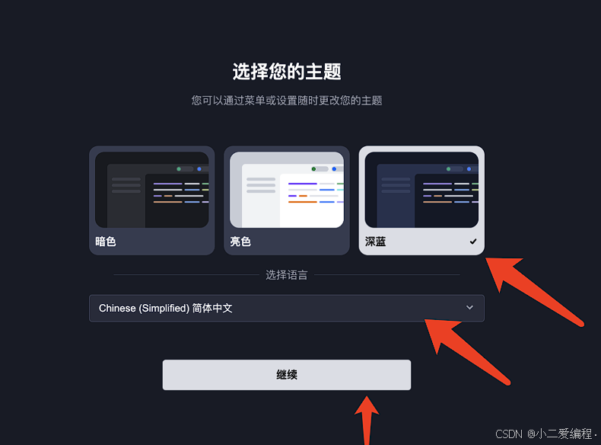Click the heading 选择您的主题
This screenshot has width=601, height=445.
tap(287, 72)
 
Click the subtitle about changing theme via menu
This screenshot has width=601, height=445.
tap(287, 101)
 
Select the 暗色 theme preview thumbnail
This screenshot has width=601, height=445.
tap(151, 190)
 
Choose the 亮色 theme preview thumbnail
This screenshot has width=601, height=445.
tap(286, 190)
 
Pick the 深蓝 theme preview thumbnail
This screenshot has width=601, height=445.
tap(421, 190)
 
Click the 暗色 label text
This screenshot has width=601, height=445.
tap(106, 242)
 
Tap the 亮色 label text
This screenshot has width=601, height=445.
tap(240, 242)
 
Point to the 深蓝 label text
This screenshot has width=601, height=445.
tap(375, 242)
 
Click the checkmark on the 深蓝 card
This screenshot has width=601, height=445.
tap(473, 242)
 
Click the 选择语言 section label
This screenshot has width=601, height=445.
tap(287, 275)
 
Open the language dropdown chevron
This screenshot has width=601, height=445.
tap(469, 308)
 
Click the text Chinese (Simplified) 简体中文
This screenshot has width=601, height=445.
tap(165, 309)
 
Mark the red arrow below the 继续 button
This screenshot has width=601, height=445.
tap(368, 419)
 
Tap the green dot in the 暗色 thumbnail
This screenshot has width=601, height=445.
tap(180, 168)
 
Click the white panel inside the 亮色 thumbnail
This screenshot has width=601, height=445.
tap(312, 200)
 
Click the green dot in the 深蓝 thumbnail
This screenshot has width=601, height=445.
tap(450, 168)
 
